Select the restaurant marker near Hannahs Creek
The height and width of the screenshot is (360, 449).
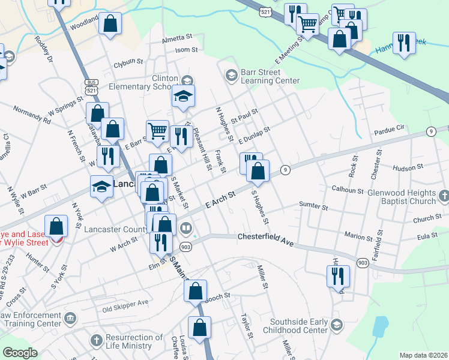[x=404, y=43]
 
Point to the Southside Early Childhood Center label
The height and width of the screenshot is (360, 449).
[x=298, y=325]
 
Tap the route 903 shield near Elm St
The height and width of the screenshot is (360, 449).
[x=185, y=247]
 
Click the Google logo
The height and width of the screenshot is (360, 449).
[x=20, y=353]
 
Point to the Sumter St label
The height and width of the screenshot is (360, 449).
[x=313, y=206]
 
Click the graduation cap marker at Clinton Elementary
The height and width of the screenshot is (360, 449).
[x=183, y=96]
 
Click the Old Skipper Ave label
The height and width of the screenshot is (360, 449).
[x=125, y=310]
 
